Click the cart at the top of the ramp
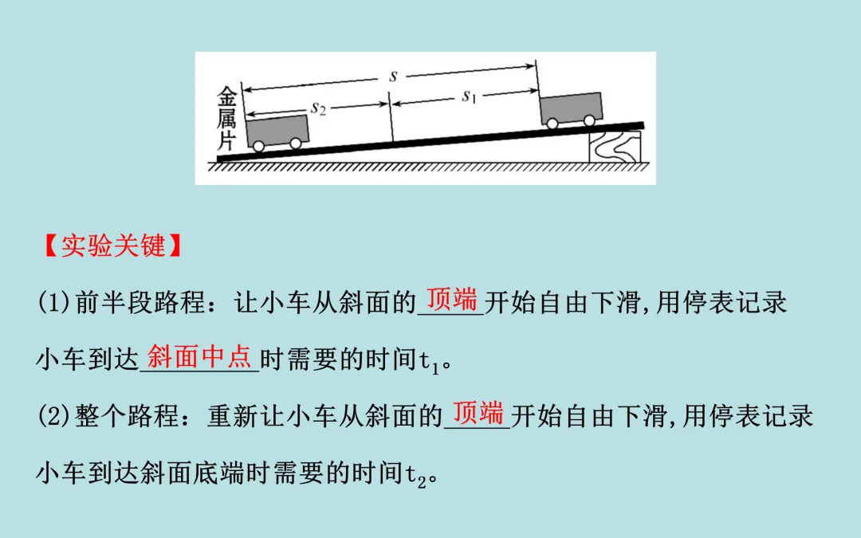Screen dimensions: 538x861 point(572,108)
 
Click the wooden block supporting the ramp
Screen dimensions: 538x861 point(614,146)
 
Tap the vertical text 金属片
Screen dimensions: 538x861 point(228,120)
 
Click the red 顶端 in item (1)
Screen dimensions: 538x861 point(451,300)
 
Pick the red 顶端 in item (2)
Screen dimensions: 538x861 point(478,413)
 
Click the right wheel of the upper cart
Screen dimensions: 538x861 point(589,120)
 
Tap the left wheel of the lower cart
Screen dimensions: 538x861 point(258,145)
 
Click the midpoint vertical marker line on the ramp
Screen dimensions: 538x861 point(391,120)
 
